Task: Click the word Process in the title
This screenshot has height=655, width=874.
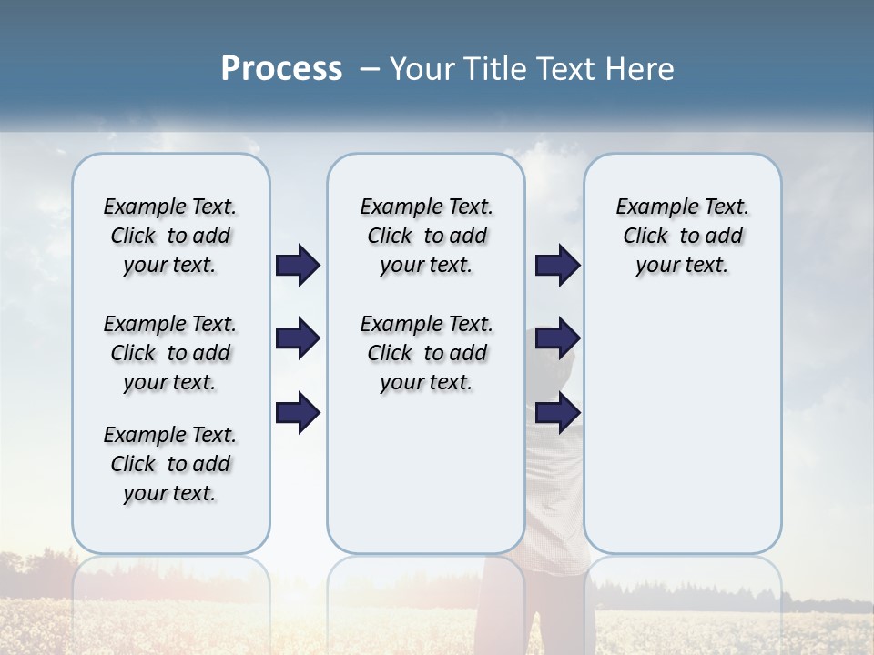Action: click(x=281, y=69)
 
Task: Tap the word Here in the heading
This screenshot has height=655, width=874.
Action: click(x=636, y=69)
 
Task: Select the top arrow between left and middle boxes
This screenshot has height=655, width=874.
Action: click(x=298, y=266)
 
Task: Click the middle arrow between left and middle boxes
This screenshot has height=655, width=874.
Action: click(x=298, y=339)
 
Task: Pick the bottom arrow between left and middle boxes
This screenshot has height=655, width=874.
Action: click(x=298, y=413)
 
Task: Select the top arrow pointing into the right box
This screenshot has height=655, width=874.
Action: click(x=557, y=266)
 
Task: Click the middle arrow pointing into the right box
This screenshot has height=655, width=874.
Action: click(x=557, y=339)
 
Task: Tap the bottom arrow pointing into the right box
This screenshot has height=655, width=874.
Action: click(x=557, y=413)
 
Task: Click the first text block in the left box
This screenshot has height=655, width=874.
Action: click(x=170, y=236)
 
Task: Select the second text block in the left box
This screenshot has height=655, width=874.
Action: click(x=170, y=353)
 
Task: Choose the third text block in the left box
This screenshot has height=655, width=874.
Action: click(x=170, y=464)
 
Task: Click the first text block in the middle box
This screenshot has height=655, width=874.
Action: click(x=426, y=236)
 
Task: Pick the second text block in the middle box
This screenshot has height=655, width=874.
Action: click(x=426, y=353)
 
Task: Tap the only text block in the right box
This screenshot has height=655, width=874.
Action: click(x=682, y=236)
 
